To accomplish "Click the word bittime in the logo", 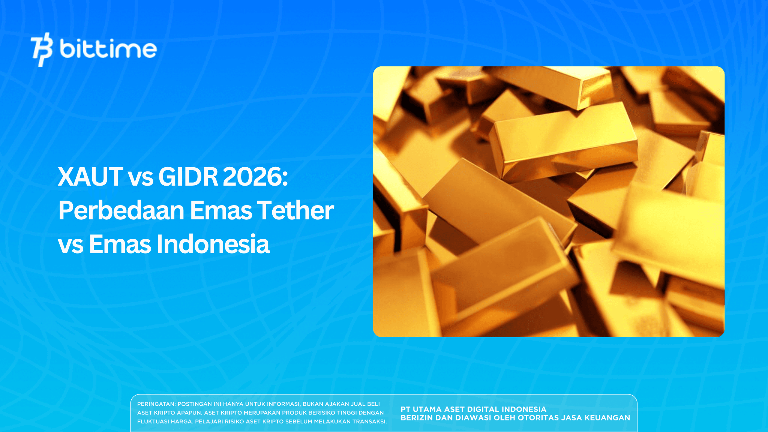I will click(x=108, y=49).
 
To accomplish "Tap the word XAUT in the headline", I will click(x=90, y=177).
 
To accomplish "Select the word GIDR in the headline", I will click(x=188, y=177).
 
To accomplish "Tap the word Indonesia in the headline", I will click(x=213, y=244).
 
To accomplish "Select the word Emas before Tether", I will click(x=220, y=210).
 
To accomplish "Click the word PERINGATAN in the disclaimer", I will click(x=156, y=404).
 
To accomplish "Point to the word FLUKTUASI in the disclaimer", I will click(x=154, y=421).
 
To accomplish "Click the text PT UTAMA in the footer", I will click(x=421, y=409).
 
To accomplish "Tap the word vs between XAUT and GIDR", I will click(x=140, y=177).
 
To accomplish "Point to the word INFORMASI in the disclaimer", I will click(x=283, y=404).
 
